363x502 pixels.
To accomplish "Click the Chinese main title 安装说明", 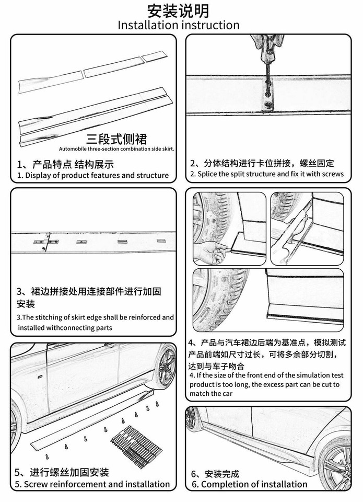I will (179, 10).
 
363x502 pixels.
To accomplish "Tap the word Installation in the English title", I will (148, 25).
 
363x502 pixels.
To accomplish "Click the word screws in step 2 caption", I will (333, 174).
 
